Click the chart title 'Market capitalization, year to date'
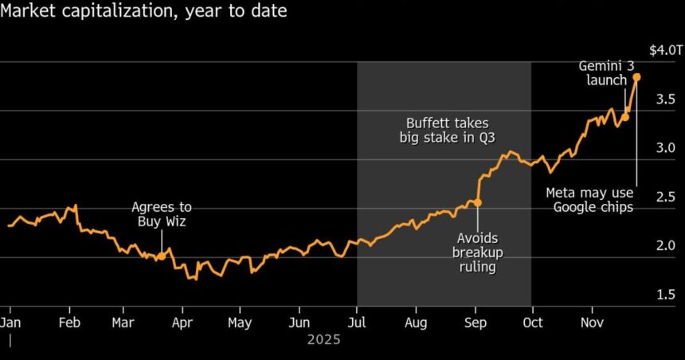(143, 12)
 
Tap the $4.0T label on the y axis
(665, 50)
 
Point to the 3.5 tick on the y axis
(666, 99)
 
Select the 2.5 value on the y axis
(666, 197)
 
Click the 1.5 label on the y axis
(666, 295)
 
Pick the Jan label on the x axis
(10, 323)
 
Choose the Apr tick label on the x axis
(183, 323)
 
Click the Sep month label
(475, 323)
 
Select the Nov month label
(591, 323)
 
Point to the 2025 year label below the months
(323, 340)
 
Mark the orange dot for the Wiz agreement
(162, 256)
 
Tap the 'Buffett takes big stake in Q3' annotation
(448, 130)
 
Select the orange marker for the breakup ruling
(477, 203)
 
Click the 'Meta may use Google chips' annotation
(592, 200)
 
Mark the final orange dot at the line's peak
(636, 77)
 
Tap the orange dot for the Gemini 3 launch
(624, 117)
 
